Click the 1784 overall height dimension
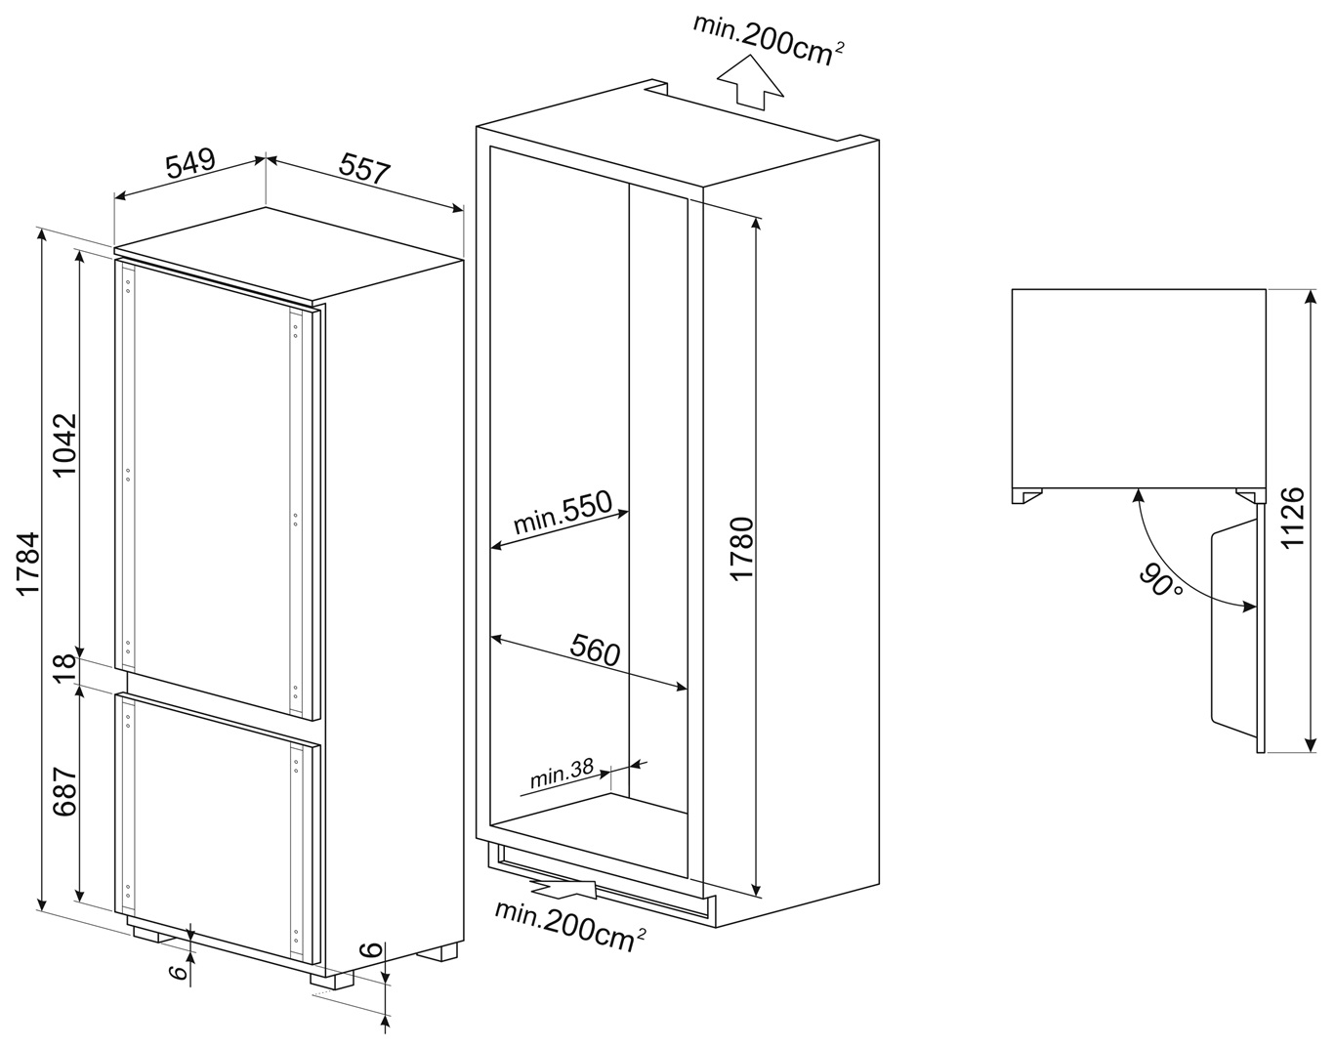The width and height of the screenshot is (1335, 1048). pyautogui.click(x=29, y=565)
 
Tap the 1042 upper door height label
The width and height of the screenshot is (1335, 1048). pyautogui.click(x=65, y=444)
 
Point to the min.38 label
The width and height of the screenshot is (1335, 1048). pyautogui.click(x=562, y=774)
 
